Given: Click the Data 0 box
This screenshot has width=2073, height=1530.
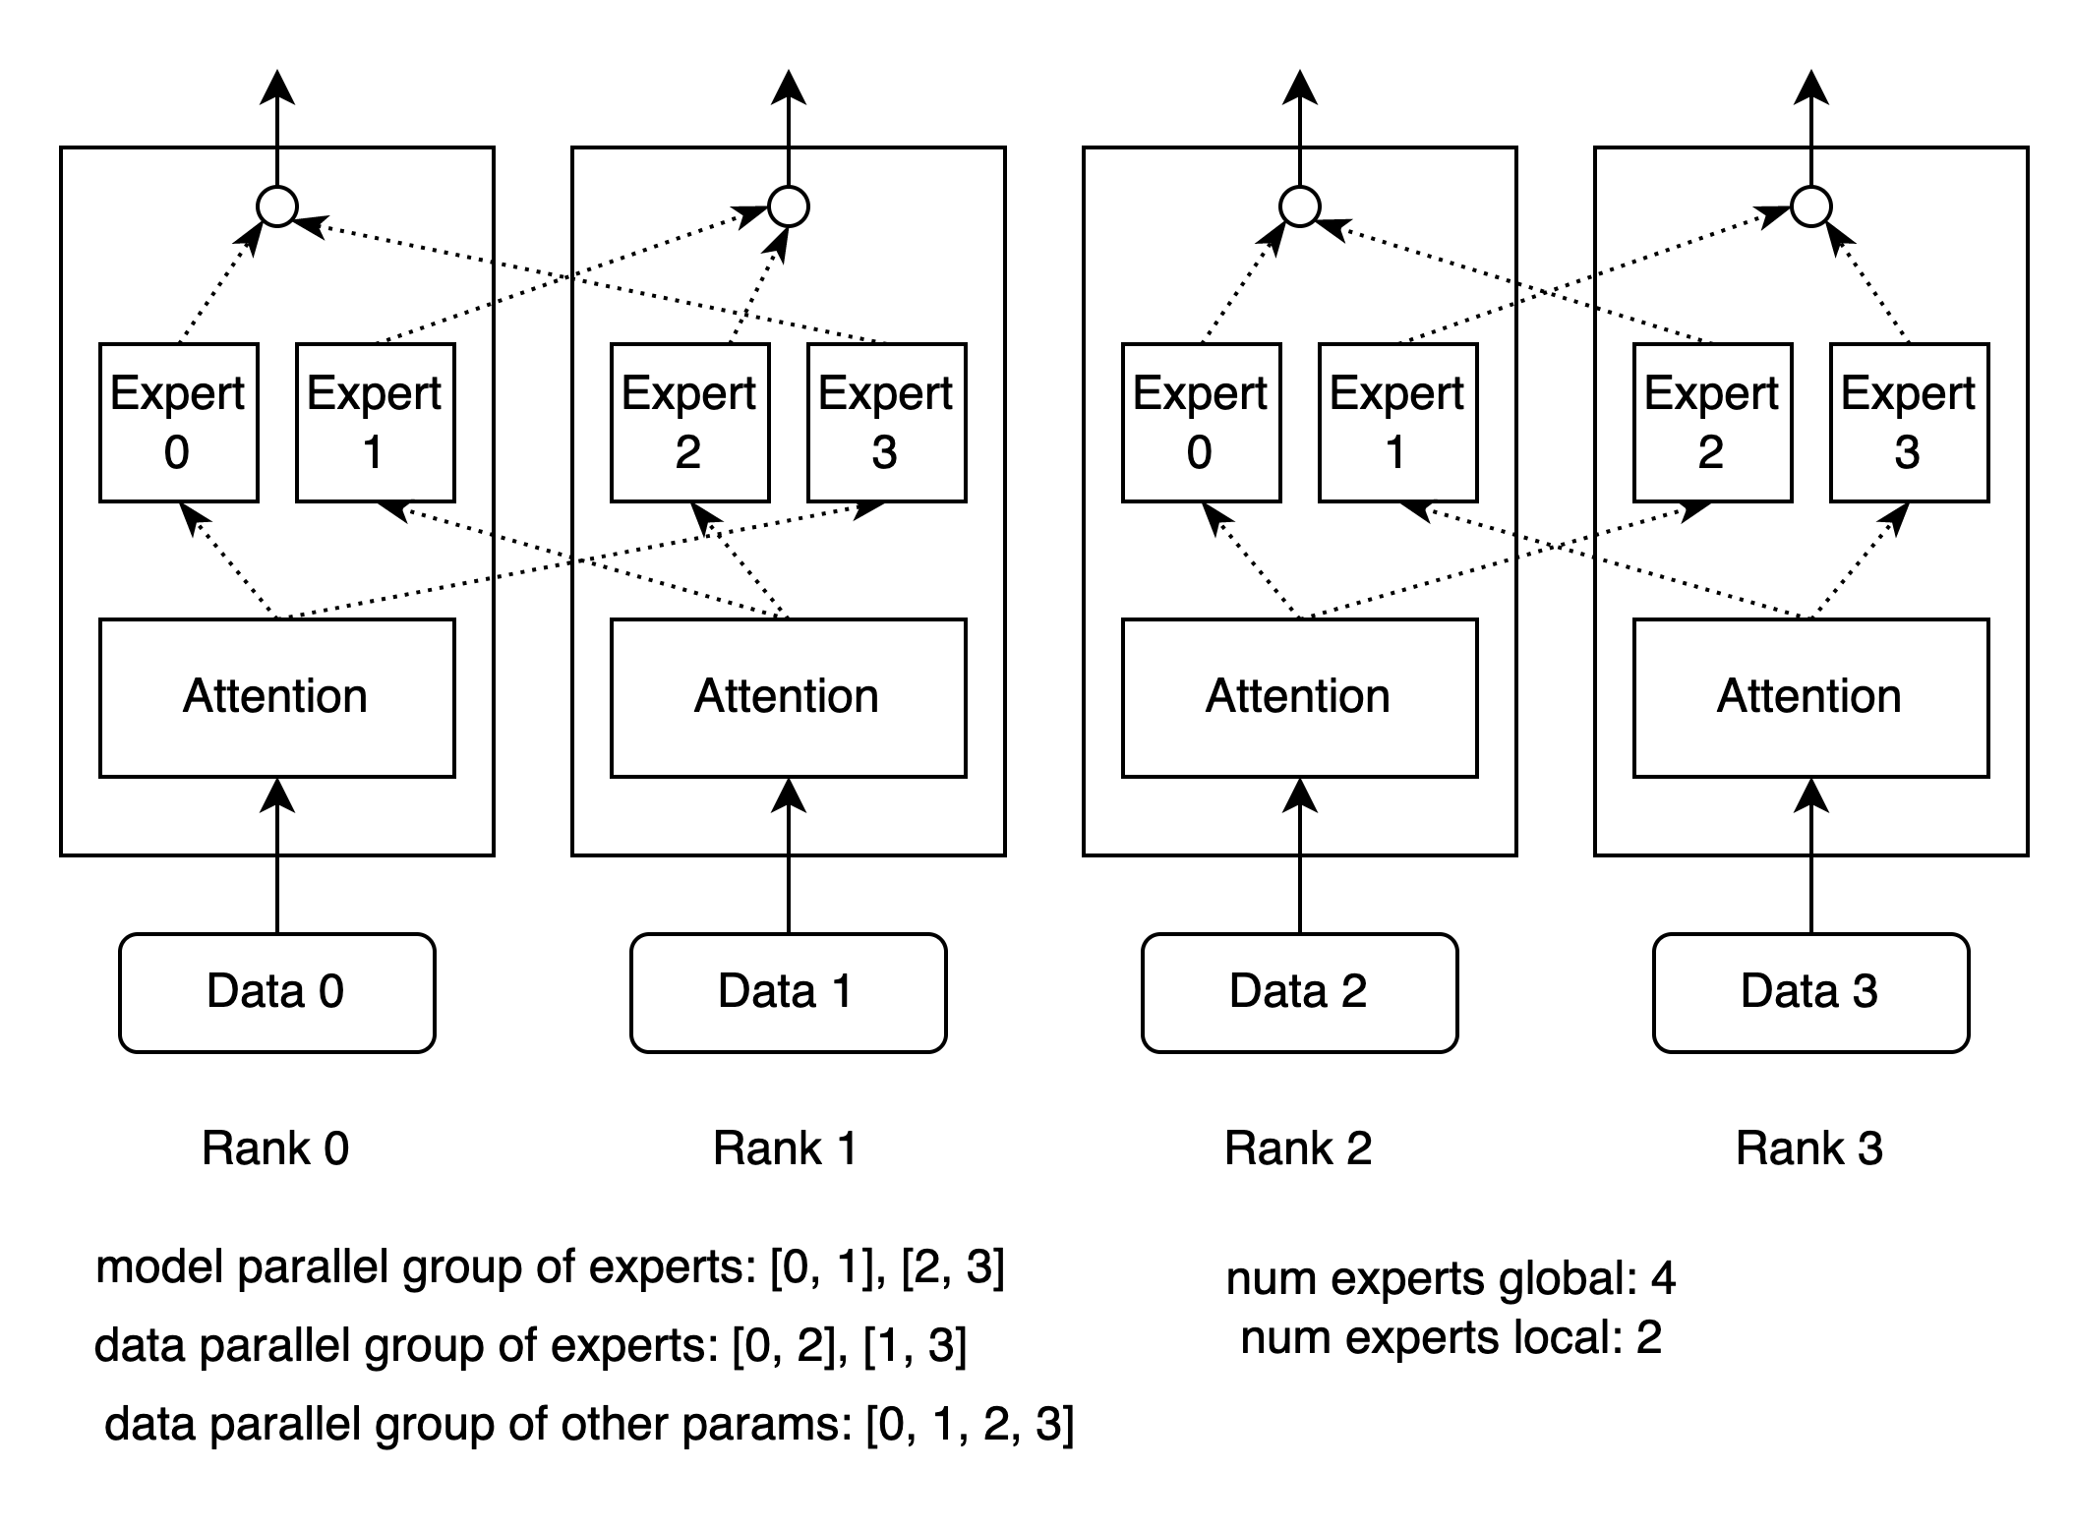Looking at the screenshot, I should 276,992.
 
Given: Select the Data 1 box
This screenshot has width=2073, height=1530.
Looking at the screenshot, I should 788,992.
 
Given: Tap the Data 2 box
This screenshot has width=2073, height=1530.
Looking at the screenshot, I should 1299,992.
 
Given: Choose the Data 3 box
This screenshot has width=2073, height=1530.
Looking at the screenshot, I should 1810,992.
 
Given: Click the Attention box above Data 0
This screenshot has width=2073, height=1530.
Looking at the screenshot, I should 276,697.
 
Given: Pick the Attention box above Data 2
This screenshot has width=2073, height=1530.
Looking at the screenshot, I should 1299,697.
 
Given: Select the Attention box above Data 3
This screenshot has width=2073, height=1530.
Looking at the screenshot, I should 1810,697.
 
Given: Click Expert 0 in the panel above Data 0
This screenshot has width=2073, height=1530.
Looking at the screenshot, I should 178,422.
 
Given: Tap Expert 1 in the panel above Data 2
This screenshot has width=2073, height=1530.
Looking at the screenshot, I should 1397,422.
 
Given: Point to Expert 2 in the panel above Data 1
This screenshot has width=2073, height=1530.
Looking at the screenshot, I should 689,422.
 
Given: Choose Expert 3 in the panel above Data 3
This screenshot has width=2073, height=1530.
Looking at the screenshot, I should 1909,422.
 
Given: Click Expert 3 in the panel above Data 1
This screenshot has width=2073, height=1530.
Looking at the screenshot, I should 886,422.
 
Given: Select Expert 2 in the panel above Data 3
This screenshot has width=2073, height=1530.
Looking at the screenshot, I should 1712,422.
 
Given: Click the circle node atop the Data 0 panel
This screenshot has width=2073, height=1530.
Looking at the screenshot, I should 276,206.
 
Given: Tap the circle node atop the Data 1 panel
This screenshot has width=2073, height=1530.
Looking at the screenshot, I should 788,206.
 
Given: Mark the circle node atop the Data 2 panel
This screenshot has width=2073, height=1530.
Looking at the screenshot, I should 1299,206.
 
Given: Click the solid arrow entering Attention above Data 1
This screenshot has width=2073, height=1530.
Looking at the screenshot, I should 788,816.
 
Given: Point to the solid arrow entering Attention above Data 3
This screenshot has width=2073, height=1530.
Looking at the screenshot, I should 1810,816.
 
